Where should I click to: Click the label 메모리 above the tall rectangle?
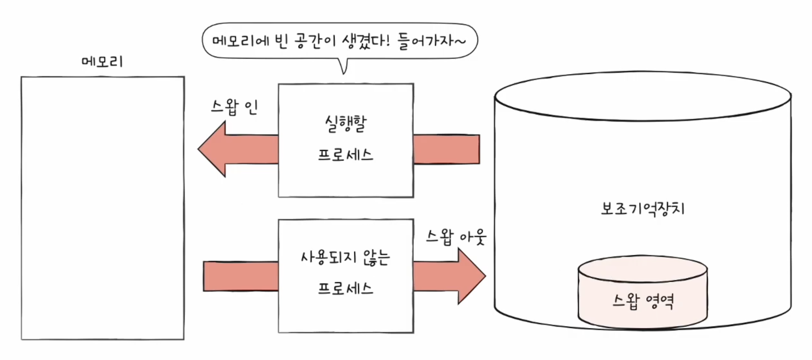(102, 62)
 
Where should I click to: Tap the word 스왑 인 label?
(234, 107)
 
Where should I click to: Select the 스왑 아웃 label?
(456, 236)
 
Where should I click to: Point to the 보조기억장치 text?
(643, 209)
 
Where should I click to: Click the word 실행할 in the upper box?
(346, 124)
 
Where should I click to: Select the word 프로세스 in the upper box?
(345, 154)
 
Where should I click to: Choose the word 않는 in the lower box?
(376, 257)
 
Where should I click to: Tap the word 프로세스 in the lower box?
(345, 289)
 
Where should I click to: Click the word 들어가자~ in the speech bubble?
(432, 41)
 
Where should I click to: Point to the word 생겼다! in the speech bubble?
(366, 41)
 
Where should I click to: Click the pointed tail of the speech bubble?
(344, 68)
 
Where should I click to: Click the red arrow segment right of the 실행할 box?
(447, 149)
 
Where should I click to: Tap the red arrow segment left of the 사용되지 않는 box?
(241, 276)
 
